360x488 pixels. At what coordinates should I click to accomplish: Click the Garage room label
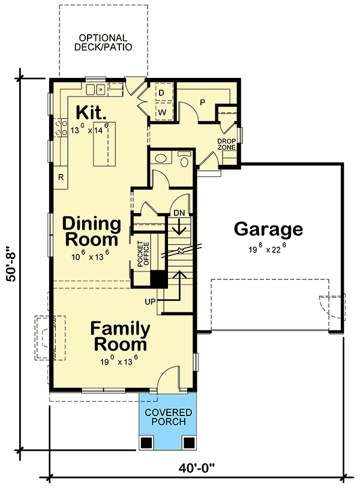point(268,229)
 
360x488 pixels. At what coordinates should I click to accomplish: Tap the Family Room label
point(119,337)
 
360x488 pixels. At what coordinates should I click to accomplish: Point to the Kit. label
point(91,112)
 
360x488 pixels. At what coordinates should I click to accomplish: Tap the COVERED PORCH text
point(168,417)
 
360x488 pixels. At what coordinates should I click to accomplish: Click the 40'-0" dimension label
point(197,468)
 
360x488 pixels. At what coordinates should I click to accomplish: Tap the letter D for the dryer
point(161,92)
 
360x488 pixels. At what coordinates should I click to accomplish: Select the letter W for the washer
point(161,112)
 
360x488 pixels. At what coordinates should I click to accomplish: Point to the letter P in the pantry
point(202,102)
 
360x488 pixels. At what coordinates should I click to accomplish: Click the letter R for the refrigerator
point(61,177)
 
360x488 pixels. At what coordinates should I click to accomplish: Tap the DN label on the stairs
point(179,213)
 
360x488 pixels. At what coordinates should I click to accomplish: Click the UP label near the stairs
point(150,301)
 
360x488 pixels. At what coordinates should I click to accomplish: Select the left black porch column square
point(147,443)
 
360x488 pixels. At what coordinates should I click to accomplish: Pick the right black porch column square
point(189,443)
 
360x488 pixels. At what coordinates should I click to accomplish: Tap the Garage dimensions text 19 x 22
point(268,248)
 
